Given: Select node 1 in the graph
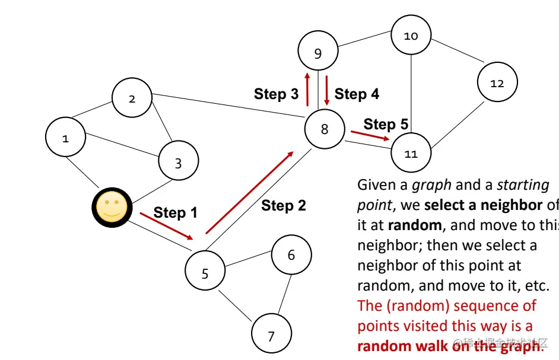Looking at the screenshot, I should [66, 138].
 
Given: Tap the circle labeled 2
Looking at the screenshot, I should [132, 98].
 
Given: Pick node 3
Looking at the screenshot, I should [178, 160].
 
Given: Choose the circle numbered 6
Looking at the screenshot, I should [291, 255].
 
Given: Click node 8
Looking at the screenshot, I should [325, 128].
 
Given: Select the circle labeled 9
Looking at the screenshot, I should [318, 53].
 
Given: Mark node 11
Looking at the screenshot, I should [411, 154].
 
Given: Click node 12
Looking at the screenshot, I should [497, 82].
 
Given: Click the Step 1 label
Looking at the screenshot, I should [175, 212].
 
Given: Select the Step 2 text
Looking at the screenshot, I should [284, 206].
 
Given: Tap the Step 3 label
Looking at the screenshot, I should [276, 94].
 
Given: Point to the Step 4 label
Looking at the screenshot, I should [357, 94].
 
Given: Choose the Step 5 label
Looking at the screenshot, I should [386, 124].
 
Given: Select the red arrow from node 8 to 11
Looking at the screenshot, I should [370, 135].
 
